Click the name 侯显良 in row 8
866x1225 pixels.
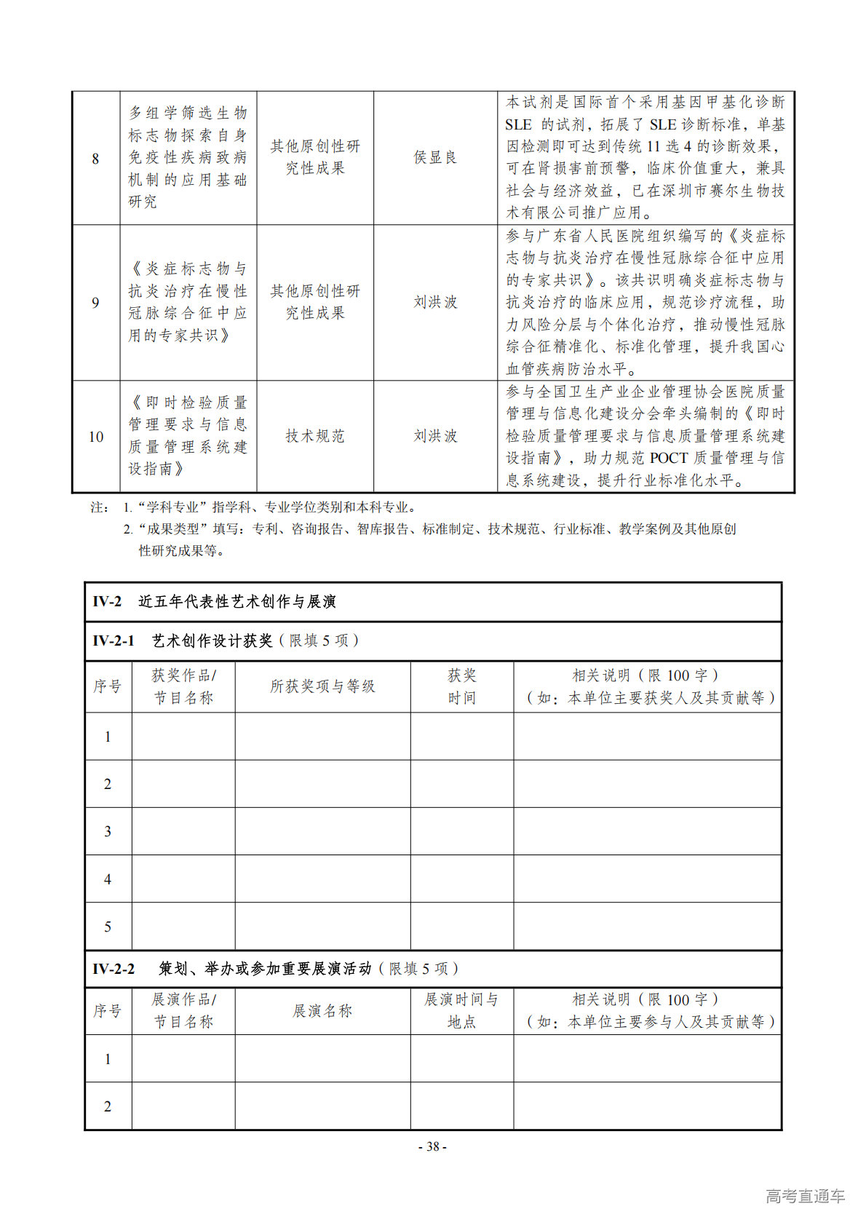tap(435, 157)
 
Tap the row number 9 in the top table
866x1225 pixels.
tap(95, 302)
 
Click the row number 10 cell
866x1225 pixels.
tap(95, 437)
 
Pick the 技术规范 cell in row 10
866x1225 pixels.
tap(314, 436)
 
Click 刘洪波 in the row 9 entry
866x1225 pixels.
tap(435, 302)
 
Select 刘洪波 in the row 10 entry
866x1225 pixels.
tap(435, 436)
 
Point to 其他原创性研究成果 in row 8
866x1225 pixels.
tap(314, 157)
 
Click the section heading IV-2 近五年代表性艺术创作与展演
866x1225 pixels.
tap(214, 602)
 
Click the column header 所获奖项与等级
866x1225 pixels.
tap(322, 686)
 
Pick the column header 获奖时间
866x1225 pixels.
tap(461, 686)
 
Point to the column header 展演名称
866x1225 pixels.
tap(322, 1011)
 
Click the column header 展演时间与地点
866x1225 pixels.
tap(461, 1011)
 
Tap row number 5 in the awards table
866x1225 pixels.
tap(108, 927)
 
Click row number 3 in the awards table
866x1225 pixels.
tap(108, 831)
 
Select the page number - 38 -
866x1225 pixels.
tap(432, 1146)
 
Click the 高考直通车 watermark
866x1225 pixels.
tap(805, 1196)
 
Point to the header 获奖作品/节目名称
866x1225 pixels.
tap(183, 686)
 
